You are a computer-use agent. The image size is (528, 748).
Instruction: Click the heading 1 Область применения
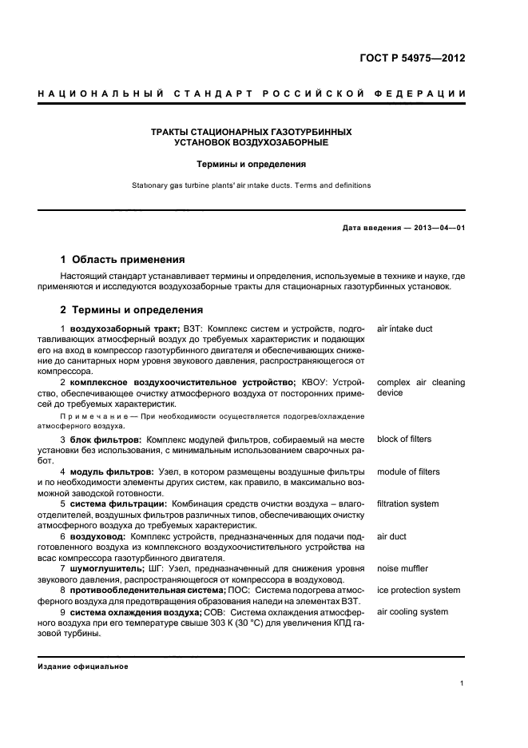coord(123,260)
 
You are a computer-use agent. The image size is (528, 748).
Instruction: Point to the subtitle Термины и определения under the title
coord(252,164)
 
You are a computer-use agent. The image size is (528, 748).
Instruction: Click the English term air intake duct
coord(404,328)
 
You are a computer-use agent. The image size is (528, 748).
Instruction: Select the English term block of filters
coord(403,440)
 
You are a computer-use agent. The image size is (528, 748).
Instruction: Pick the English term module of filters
coord(407,472)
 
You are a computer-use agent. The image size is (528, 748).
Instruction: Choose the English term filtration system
coord(407,504)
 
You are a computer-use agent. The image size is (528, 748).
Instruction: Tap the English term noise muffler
coord(402,569)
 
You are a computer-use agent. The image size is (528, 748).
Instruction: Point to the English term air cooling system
coord(412,612)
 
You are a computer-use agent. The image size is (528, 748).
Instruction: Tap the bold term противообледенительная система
coord(148,591)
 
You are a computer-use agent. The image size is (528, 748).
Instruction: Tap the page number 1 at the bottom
coord(462,684)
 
